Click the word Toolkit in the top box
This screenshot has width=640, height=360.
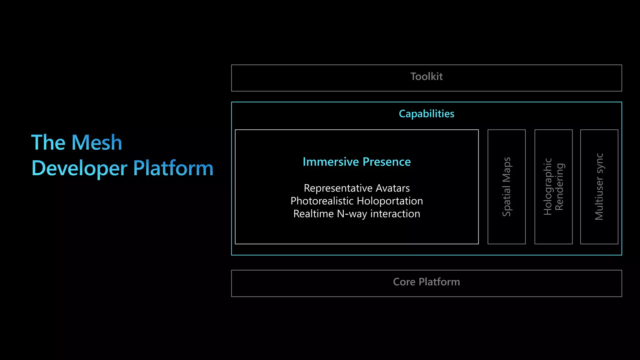click(x=426, y=77)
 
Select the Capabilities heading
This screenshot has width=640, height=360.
click(x=426, y=114)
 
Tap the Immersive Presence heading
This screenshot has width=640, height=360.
click(x=357, y=162)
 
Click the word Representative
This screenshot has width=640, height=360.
click(x=338, y=188)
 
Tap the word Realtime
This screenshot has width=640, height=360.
click(x=313, y=214)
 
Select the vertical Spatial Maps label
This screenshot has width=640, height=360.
click(x=507, y=187)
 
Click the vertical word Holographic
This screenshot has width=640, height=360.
click(x=548, y=187)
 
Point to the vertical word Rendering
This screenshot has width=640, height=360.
click(x=559, y=187)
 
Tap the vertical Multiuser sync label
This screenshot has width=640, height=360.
click(x=599, y=187)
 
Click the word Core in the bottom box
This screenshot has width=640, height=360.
click(x=404, y=282)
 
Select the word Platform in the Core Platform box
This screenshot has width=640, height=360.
click(x=439, y=282)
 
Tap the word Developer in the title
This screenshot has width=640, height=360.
click(x=79, y=168)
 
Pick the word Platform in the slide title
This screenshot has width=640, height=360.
click(x=173, y=168)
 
